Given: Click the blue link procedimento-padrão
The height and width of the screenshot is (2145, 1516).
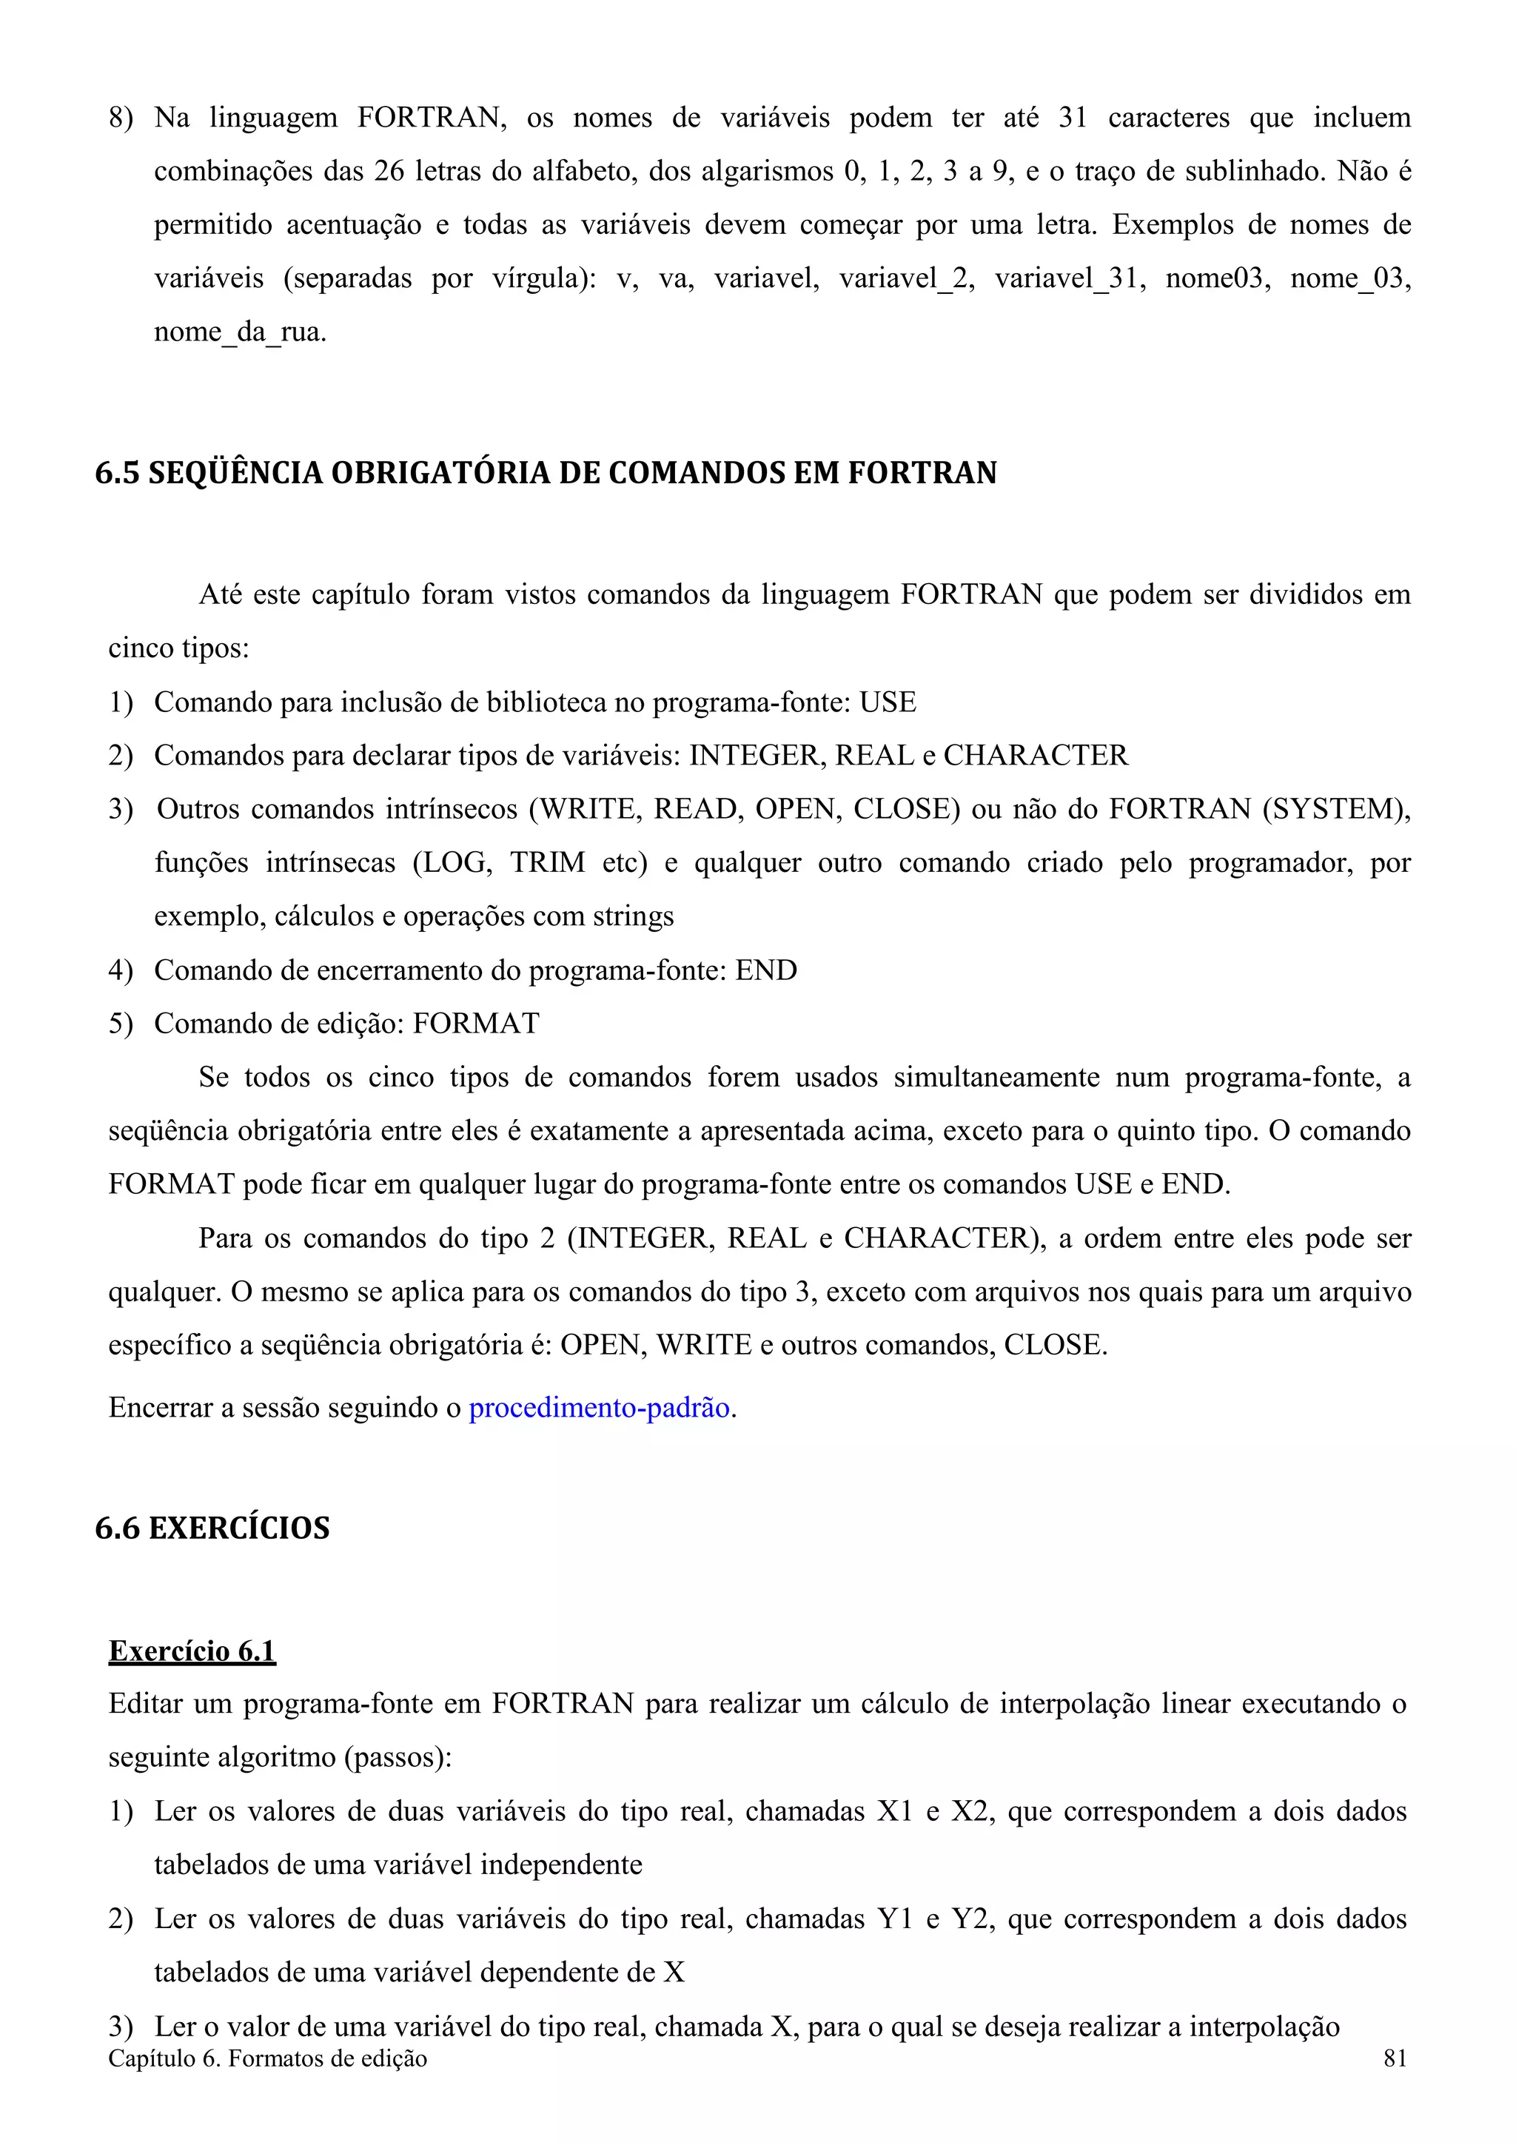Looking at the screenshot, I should click(599, 1407).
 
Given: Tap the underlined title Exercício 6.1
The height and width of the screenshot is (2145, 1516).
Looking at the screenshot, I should click(192, 1650).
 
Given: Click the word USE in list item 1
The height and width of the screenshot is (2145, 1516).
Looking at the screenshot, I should click(888, 702).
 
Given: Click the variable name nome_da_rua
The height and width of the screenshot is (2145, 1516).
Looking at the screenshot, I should click(240, 332).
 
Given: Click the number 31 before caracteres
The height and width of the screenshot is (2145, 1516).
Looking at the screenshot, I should click(1073, 118).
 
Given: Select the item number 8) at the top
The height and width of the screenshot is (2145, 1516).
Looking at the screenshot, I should click(121, 118).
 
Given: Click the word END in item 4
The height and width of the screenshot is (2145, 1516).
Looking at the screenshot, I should click(766, 970).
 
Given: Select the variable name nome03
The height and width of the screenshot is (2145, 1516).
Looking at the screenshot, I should click(1217, 278).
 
